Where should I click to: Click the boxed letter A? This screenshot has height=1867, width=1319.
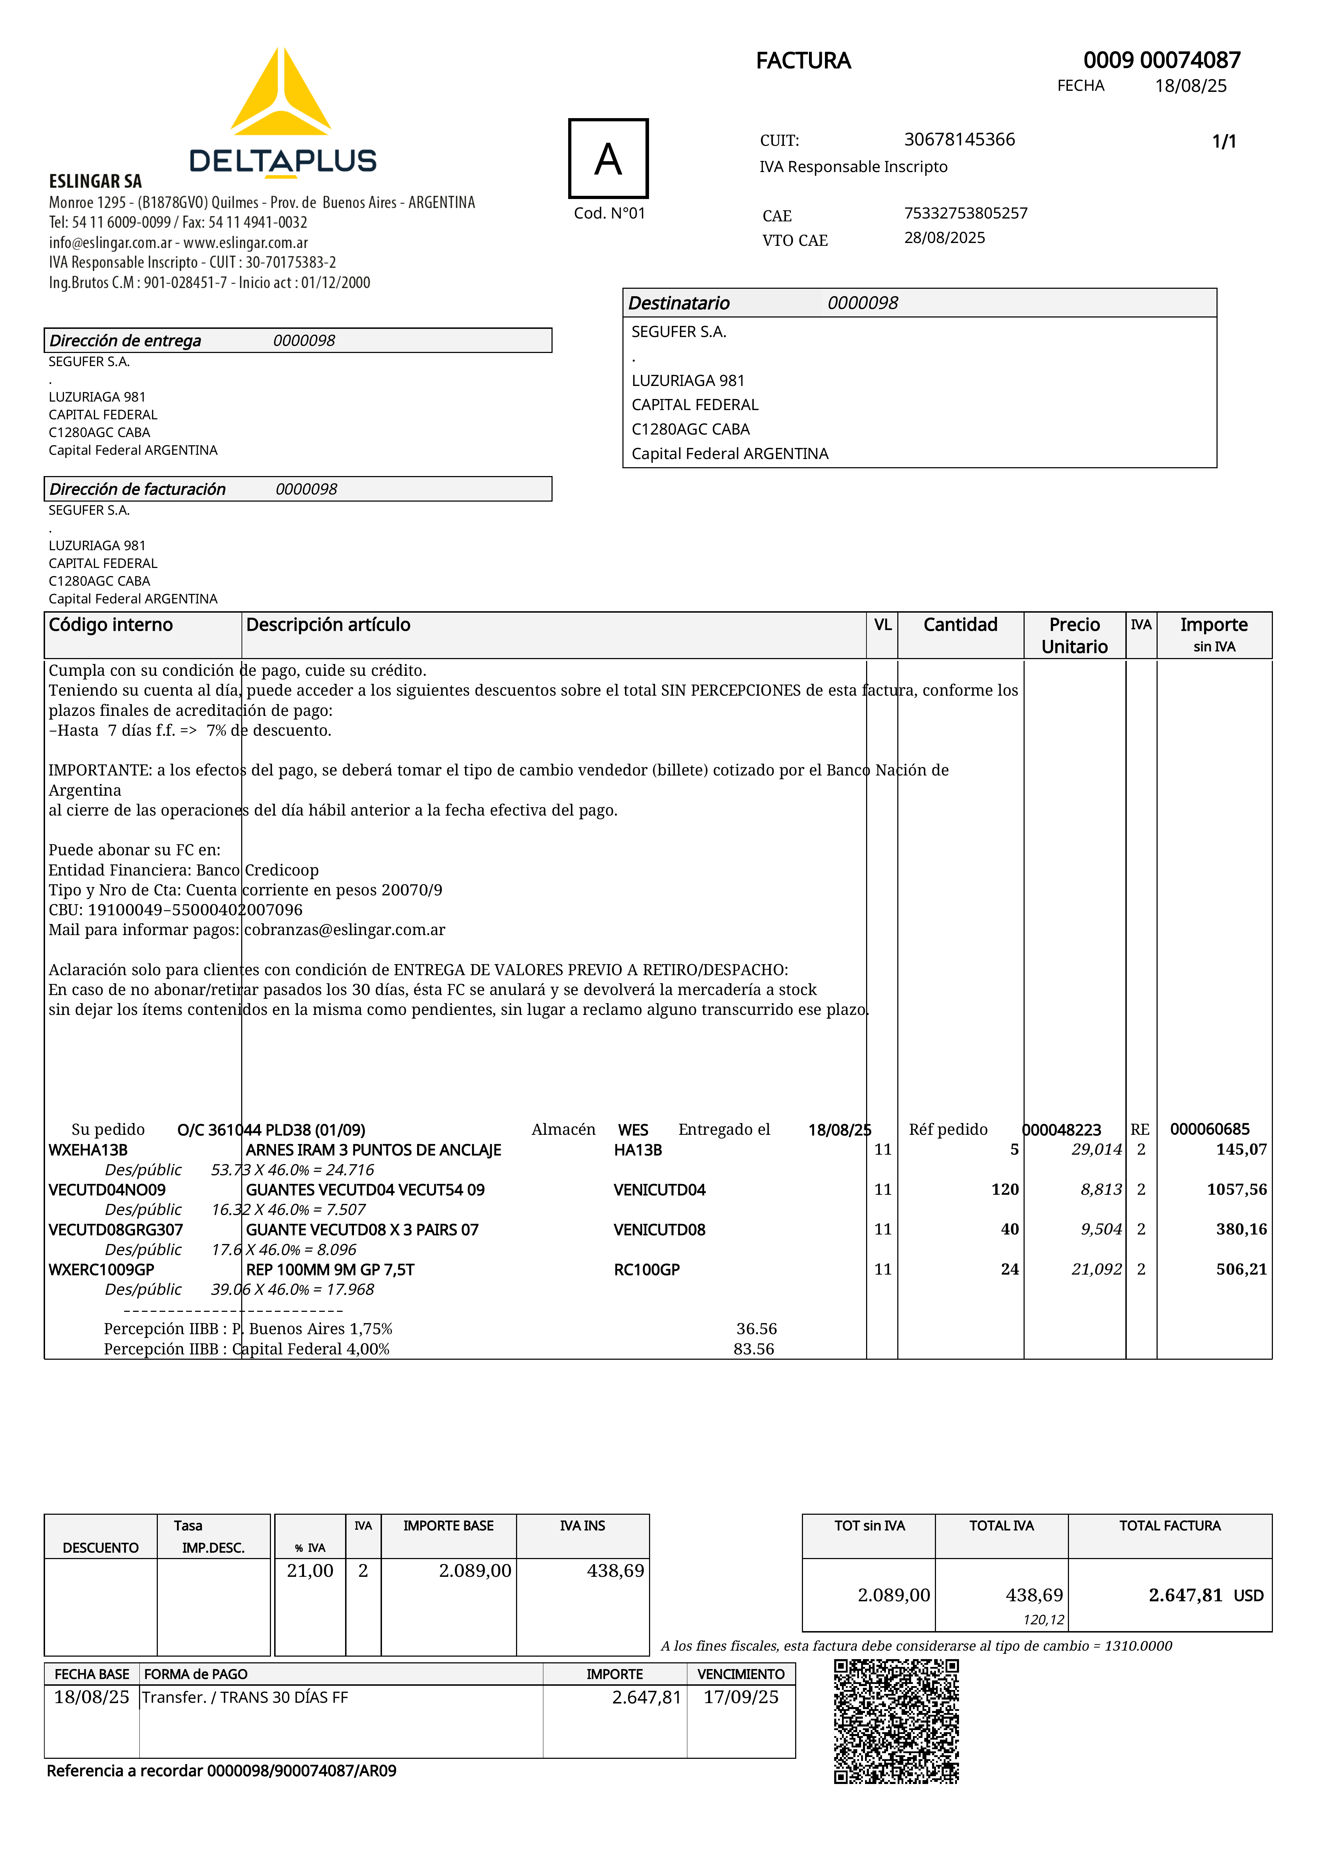(608, 159)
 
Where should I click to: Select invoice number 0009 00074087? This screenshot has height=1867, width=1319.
(1161, 60)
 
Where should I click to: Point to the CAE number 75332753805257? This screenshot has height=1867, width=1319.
(965, 213)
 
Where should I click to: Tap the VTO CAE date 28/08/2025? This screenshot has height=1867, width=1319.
(944, 237)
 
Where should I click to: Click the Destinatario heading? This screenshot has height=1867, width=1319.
(679, 303)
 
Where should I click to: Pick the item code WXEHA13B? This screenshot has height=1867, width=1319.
(88, 1150)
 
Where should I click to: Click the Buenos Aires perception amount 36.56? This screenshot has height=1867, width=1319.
(756, 1329)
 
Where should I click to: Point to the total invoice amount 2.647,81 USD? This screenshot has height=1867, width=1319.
(1205, 1595)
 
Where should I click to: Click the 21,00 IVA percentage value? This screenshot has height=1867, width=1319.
(310, 1571)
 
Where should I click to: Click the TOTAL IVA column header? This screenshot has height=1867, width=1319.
(1001, 1525)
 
